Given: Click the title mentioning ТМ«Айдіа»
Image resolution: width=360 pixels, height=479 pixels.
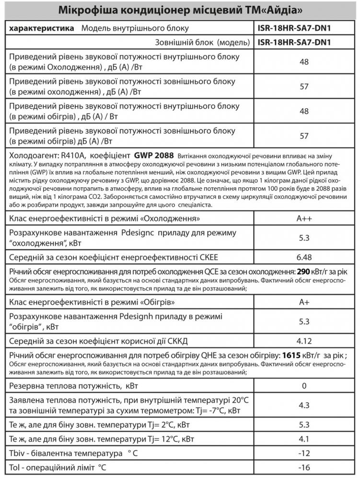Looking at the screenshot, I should click(x=180, y=11).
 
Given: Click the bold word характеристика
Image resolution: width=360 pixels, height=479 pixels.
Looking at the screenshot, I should click(x=42, y=28).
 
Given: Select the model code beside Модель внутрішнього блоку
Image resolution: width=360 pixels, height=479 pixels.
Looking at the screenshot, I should click(x=294, y=28).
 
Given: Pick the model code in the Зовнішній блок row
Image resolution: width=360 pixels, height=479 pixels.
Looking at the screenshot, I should click(x=294, y=42).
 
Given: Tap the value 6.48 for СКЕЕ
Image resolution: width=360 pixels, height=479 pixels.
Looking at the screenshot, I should click(x=304, y=256).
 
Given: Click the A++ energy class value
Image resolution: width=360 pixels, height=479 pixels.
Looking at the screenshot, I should click(x=304, y=219).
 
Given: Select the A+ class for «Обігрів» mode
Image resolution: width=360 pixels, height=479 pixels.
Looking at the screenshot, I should click(x=304, y=303).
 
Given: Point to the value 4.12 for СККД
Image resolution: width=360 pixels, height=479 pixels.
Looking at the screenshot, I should click(x=304, y=340).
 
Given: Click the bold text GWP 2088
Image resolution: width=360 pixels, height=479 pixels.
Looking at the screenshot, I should click(x=154, y=156).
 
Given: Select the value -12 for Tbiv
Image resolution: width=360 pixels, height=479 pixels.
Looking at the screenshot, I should click(x=304, y=453).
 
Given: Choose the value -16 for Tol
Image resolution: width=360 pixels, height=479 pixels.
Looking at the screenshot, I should click(x=304, y=467).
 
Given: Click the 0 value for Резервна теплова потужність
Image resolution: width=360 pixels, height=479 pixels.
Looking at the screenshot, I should click(x=304, y=386).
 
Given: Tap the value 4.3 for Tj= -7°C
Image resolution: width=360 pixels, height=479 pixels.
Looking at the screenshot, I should click(x=304, y=405).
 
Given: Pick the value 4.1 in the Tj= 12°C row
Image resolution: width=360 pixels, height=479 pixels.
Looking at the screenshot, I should click(x=304, y=438).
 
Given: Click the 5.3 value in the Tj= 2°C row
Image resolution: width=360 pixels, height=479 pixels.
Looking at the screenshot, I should click(x=304, y=424).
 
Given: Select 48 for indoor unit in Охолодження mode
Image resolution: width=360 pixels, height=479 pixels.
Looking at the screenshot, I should click(x=304, y=62).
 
